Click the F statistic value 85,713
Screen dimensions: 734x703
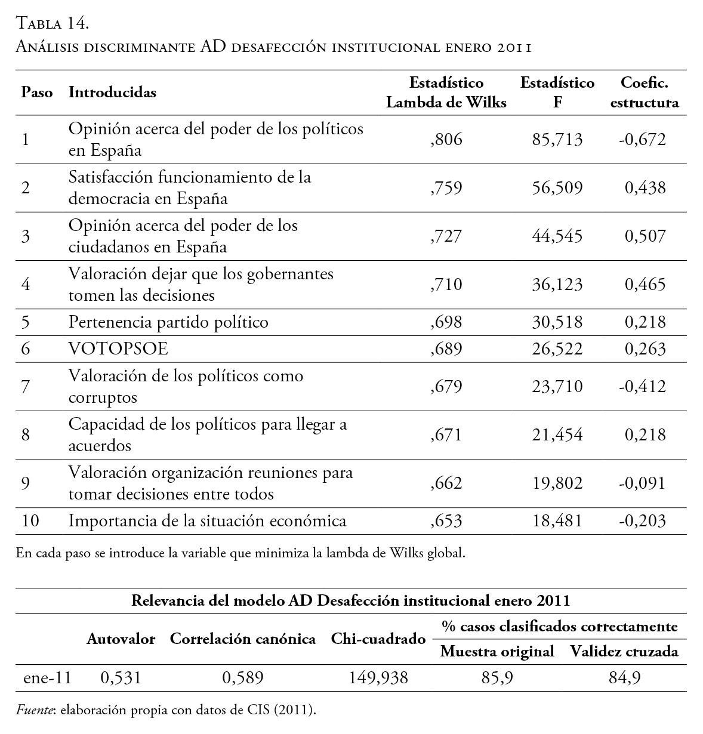pos(557,140)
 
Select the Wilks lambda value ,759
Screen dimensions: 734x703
pos(446,188)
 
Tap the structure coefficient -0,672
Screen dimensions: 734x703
pos(642,140)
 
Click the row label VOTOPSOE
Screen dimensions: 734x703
pos(118,349)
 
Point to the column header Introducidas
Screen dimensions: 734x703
pos(112,92)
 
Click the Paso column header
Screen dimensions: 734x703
pos(37,92)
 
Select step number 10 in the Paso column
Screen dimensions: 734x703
pos(30,521)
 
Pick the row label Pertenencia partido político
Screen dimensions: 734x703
pos(168,322)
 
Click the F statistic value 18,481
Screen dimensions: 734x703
pos(557,521)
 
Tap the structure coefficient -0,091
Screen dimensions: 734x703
pos(642,483)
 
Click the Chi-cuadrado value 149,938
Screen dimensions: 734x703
pos(378,678)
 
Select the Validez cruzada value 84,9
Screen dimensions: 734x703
pos(624,678)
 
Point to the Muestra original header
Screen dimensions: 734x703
pos(497,652)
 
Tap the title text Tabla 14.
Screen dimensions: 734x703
pos(53,24)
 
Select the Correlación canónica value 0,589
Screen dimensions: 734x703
pos(242,678)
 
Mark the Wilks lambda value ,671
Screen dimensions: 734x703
pos(446,434)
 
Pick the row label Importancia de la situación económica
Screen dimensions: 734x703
pos(207,521)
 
